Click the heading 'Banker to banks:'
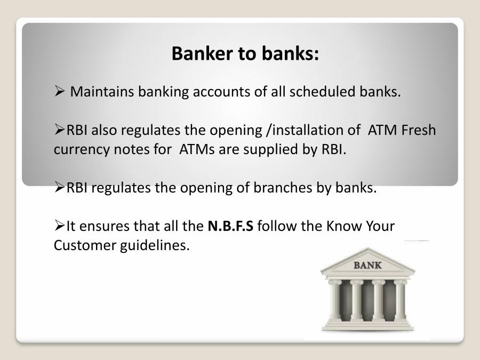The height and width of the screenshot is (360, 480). (x=245, y=53)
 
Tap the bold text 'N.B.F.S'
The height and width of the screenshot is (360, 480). (x=230, y=226)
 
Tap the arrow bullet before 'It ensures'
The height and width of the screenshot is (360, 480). (x=59, y=226)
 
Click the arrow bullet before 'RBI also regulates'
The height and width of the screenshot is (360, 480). (x=59, y=130)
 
